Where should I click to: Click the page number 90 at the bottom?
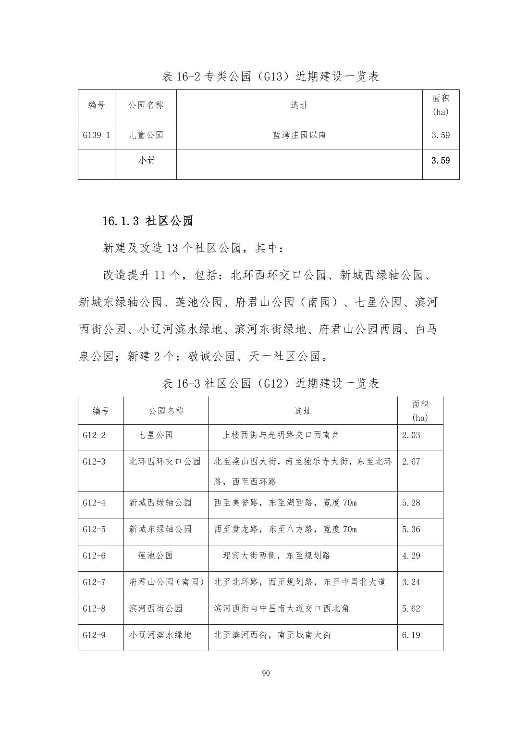click(266, 673)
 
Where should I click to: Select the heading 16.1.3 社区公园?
click(147, 221)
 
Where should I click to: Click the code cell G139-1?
click(96, 135)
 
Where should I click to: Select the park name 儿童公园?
click(146, 135)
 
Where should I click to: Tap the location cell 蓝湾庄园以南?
click(299, 135)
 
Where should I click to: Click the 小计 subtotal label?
click(147, 161)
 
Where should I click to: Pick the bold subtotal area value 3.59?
click(441, 161)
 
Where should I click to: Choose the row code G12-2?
click(94, 435)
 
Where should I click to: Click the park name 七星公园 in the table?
click(155, 435)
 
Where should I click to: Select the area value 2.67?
click(411, 462)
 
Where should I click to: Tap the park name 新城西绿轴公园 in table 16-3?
click(160, 503)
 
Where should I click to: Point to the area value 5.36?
click(411, 529)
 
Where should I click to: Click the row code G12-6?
click(94, 555)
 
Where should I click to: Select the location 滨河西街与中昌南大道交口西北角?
click(282, 608)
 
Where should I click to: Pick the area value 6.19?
click(411, 635)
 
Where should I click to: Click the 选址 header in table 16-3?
click(303, 411)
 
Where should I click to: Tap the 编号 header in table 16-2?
click(97, 105)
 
